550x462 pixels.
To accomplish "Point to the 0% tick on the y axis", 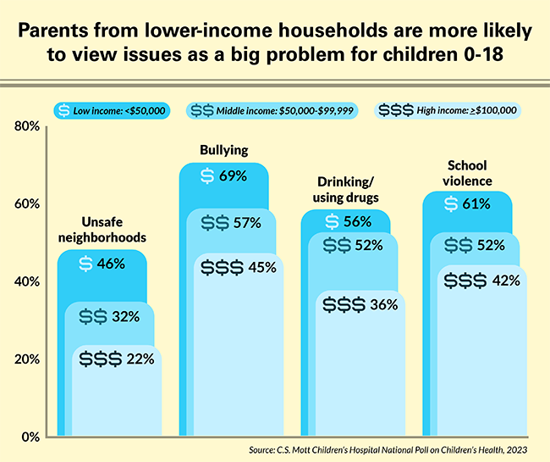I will point(29,437).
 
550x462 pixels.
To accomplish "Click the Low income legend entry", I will point(111,109).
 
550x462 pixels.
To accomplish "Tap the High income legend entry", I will point(446,109).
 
